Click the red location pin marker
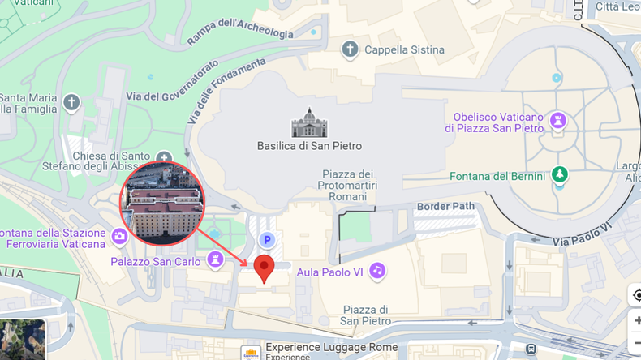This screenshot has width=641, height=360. click(264, 267)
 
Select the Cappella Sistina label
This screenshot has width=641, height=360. click(404, 49)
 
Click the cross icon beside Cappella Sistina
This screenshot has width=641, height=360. click(350, 49)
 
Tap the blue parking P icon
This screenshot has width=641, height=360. click(266, 240)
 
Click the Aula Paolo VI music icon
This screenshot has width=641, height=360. click(376, 271)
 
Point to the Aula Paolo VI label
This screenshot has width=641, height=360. click(329, 272)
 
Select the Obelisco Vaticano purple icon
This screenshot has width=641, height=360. click(557, 121)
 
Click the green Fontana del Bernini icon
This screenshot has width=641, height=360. click(559, 174)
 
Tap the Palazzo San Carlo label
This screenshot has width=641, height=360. click(156, 261)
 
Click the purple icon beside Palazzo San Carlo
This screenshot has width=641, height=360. click(215, 259)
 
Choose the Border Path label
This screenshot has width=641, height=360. click(445, 206)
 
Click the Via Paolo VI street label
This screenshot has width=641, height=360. click(582, 234)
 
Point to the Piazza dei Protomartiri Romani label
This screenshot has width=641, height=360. click(348, 185)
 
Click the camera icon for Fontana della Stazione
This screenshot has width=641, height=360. click(119, 236)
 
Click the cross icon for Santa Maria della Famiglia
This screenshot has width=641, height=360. click(72, 102)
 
